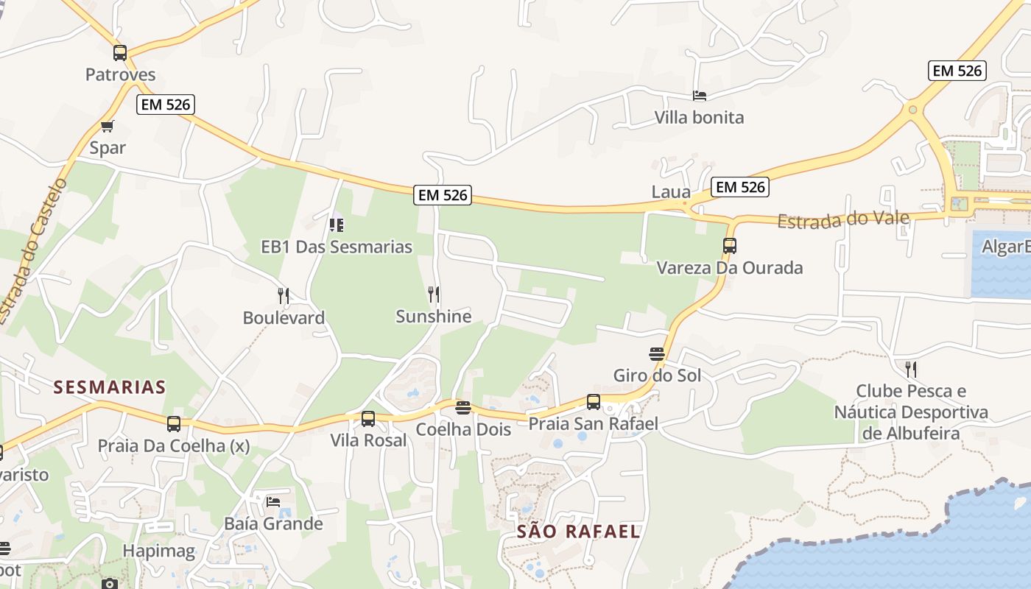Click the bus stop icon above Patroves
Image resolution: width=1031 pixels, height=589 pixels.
(120, 53)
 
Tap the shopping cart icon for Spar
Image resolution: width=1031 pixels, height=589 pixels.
(108, 126)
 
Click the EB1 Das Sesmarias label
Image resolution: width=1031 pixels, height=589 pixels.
(337, 247)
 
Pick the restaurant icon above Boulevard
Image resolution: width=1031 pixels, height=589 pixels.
(284, 296)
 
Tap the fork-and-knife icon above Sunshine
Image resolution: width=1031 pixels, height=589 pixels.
(434, 294)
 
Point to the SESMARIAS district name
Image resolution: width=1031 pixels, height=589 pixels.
(110, 387)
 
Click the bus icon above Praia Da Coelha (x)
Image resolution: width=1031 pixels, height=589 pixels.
(174, 424)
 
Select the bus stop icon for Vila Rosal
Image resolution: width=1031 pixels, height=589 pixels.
(368, 419)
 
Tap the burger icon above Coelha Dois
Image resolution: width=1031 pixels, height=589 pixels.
(463, 408)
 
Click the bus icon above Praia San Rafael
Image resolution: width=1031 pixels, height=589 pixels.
(594, 402)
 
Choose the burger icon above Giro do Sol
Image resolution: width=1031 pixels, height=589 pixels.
(657, 354)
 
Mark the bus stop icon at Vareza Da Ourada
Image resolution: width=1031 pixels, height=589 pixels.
(730, 246)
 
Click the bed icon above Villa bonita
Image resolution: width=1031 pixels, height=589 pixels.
(700, 96)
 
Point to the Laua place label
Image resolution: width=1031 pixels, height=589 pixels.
(671, 192)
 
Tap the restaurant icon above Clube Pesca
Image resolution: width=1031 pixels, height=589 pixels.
(911, 369)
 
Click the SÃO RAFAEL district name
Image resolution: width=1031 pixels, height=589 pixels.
(578, 532)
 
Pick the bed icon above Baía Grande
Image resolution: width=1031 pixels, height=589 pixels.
(273, 502)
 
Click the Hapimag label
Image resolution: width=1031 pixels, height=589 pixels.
(159, 551)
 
